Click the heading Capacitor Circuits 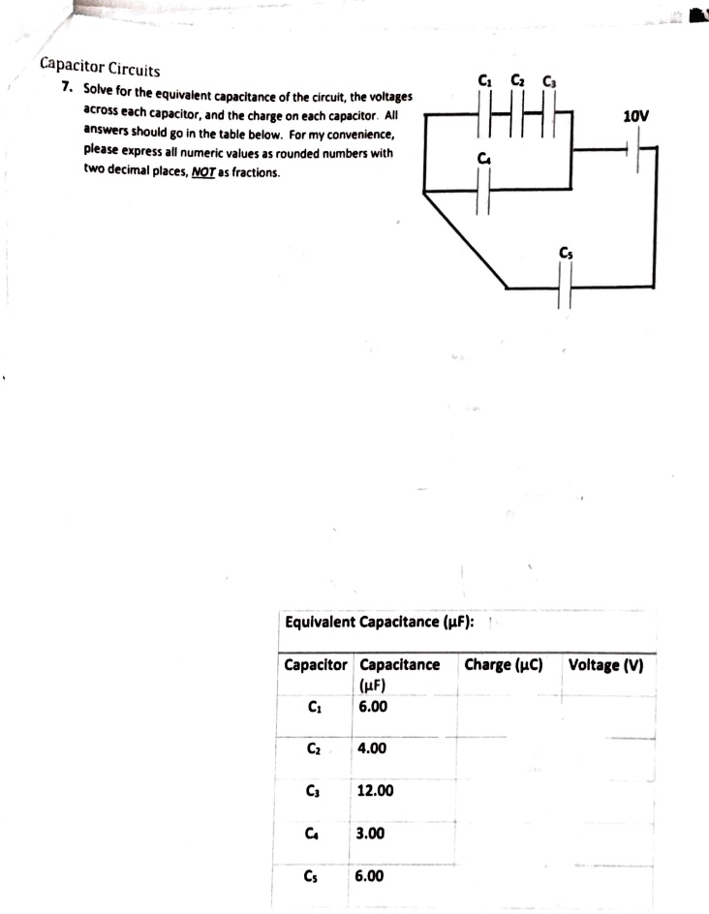tap(101, 68)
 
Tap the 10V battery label tap(636, 117)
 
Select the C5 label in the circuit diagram tap(566, 254)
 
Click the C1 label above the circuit tap(486, 80)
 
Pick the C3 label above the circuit tap(548, 80)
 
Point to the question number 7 tap(66, 87)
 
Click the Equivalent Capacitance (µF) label tap(380, 621)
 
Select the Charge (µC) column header tap(504, 665)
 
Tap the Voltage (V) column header tap(607, 665)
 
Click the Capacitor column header tap(315, 665)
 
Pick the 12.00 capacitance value tap(375, 790)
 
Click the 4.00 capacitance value tap(372, 748)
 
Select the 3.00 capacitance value tap(372, 832)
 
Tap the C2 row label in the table tap(313, 748)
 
